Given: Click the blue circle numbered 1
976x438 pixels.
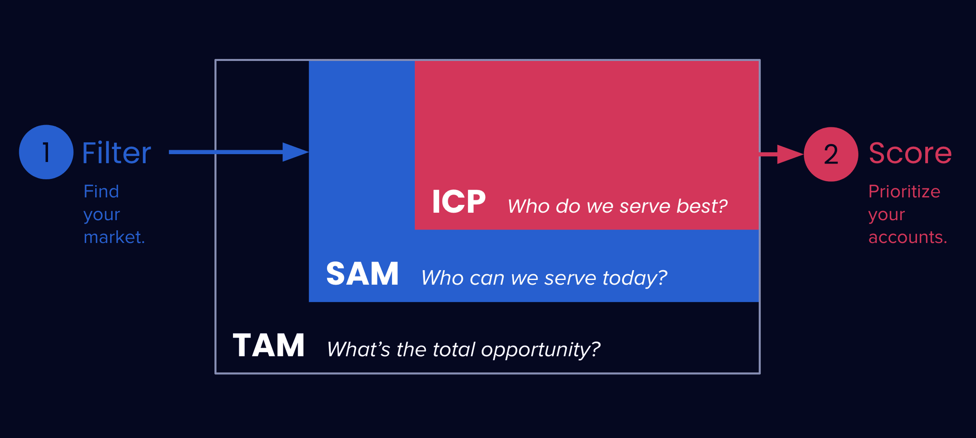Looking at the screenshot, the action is [x=46, y=152].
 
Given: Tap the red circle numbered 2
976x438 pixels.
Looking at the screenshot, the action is [x=831, y=154].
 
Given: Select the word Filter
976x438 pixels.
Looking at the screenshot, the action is [x=117, y=153].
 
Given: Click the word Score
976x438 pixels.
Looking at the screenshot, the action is [x=910, y=153].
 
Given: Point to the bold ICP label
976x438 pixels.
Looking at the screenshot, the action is [x=459, y=202].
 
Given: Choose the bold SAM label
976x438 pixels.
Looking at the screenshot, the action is [x=362, y=274].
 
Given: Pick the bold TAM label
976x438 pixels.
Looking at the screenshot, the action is [x=268, y=345].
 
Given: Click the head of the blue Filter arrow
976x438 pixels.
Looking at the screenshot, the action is [x=296, y=152].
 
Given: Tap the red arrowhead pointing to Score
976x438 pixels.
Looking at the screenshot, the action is [x=790, y=154].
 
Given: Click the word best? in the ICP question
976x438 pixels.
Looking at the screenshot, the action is [x=702, y=206].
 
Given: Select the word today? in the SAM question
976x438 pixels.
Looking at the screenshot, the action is [x=635, y=278].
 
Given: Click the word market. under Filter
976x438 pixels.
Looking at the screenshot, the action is [x=114, y=237].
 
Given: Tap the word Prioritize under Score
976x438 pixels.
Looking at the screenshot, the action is [x=904, y=191].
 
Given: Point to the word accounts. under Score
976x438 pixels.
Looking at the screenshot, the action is [x=908, y=237].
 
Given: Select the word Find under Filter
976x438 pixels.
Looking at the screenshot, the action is [x=101, y=191].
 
